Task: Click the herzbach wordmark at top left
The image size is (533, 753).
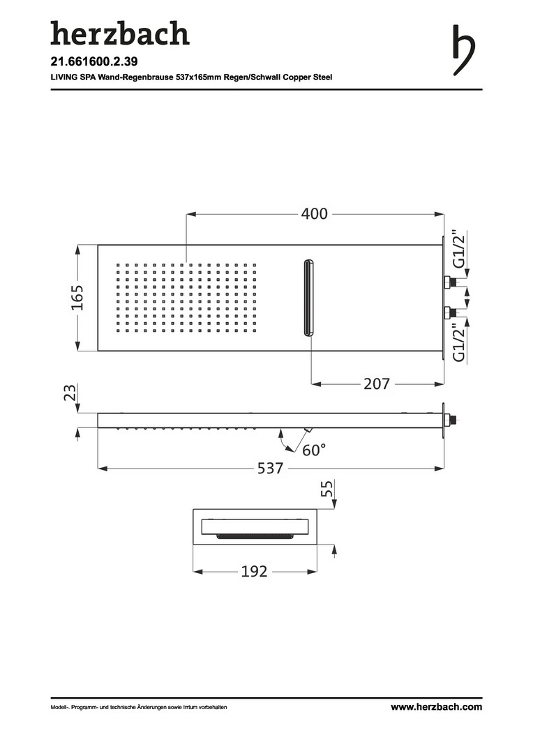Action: click(120, 33)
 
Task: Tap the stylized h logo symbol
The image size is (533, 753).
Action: click(463, 50)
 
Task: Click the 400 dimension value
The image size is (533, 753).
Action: click(315, 214)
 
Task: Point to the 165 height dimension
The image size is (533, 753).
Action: click(77, 298)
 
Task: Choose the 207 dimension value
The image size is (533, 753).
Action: click(376, 383)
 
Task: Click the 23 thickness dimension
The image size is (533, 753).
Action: click(70, 392)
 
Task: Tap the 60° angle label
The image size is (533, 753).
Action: click(314, 450)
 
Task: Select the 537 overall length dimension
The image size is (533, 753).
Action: click(270, 468)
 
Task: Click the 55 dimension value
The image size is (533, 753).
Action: click(326, 489)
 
